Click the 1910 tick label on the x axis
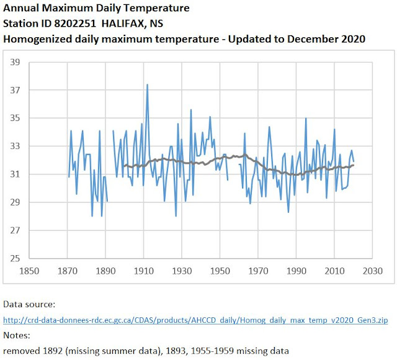tap(144, 271)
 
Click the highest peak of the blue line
tap(147, 84)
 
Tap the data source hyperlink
tap(195, 320)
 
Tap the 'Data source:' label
tap(29, 305)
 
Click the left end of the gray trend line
tap(125, 166)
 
